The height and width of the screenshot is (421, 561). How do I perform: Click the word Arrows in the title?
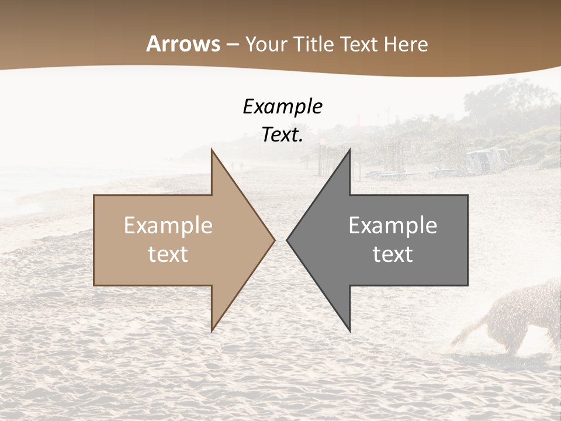coord(183,44)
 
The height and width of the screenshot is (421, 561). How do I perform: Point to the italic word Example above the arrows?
coord(282,106)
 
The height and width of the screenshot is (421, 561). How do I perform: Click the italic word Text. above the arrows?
coord(282,135)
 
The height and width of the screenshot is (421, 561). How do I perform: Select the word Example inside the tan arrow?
coord(168,226)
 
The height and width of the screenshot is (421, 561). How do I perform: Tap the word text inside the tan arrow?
coord(168,254)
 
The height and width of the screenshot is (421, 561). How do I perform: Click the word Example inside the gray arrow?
coord(393,226)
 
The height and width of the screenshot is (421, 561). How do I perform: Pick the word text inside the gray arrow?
coord(393,254)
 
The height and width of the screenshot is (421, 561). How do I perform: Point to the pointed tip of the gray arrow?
coord(288,240)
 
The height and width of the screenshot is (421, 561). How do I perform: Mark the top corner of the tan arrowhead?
coord(212,150)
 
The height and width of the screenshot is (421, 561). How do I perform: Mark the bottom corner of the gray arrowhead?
coord(349,330)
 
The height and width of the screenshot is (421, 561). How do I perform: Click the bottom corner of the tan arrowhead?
coord(212,330)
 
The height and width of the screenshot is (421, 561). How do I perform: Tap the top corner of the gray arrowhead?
coord(349,150)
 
